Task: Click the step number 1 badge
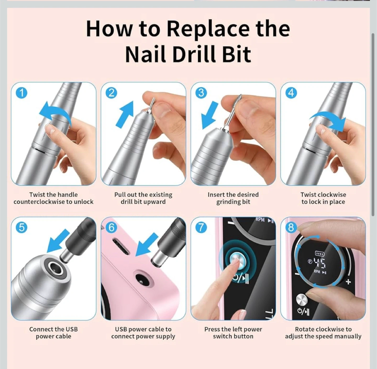pyautogui.click(x=22, y=93)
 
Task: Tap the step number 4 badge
pyautogui.click(x=291, y=93)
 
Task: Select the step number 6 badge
pyautogui.click(x=111, y=227)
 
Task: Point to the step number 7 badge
pyautogui.click(x=201, y=227)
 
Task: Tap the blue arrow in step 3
pyautogui.click(x=210, y=116)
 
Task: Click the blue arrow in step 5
pyautogui.click(x=58, y=240)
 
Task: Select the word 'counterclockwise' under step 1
pyautogui.click(x=39, y=202)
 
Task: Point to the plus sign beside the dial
pyautogui.click(x=348, y=281)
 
